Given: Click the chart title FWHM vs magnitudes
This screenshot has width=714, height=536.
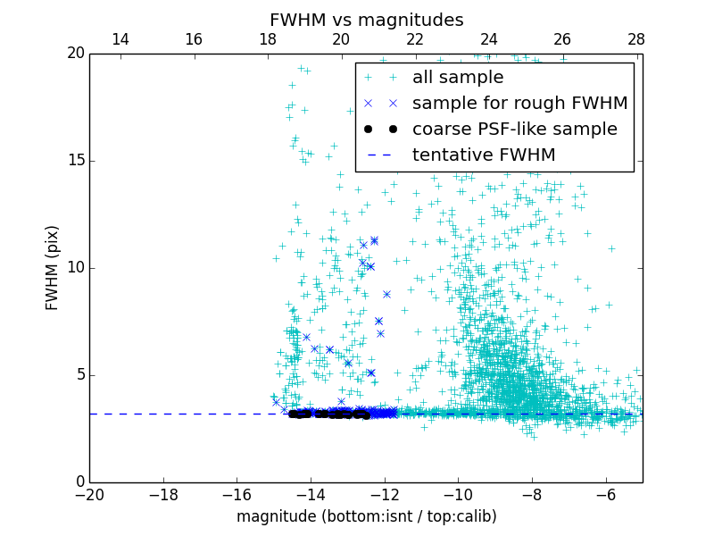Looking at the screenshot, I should [x=366, y=20].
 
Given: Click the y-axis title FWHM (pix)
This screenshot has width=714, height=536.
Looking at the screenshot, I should [x=53, y=268].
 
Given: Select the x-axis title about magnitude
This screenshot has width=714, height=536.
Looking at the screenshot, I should [x=366, y=516].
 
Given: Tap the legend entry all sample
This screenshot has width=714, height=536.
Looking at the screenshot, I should [x=457, y=78].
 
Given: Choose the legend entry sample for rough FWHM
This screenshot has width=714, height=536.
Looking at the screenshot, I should [x=519, y=104].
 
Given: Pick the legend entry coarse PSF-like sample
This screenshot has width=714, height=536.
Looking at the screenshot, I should [x=514, y=130].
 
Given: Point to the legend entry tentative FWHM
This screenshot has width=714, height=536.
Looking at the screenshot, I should [x=483, y=155].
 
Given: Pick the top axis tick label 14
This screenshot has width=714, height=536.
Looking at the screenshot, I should [x=120, y=39].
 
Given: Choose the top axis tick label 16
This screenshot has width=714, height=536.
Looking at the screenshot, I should [x=194, y=39].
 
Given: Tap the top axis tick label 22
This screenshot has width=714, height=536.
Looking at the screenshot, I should [x=415, y=39].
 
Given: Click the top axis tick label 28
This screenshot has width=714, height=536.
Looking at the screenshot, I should [x=636, y=39].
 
